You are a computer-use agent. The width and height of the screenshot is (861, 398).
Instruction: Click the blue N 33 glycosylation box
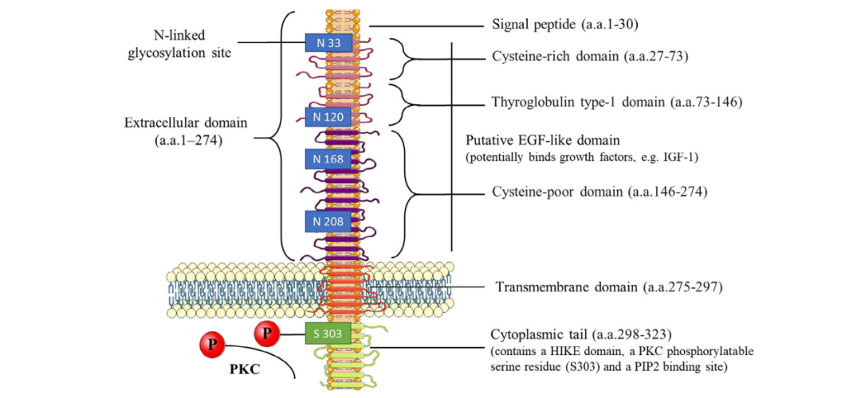tap(328, 42)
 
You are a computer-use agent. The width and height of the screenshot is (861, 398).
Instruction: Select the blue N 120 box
tap(328, 116)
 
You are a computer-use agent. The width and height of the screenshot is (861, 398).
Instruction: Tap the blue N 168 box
tap(328, 158)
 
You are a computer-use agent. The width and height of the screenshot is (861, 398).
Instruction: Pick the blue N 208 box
tap(328, 220)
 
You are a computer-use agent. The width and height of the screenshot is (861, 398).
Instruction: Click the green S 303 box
tap(328, 333)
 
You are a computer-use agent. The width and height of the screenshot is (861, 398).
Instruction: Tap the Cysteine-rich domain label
tap(586, 57)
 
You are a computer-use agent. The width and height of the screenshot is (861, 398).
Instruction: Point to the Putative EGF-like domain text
tap(542, 141)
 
